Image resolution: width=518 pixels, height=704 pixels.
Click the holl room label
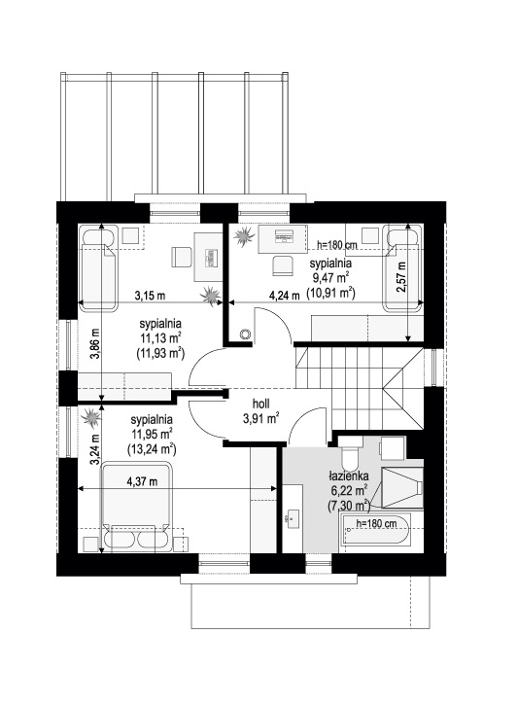click(x=260, y=404)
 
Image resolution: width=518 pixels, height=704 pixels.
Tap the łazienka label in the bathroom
click(x=348, y=475)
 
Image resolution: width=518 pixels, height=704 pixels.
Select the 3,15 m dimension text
click(x=150, y=296)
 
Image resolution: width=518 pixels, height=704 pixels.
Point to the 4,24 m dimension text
click(x=284, y=296)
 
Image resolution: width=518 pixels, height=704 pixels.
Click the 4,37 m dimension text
click(x=142, y=481)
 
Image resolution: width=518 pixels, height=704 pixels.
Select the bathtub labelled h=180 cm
click(x=376, y=534)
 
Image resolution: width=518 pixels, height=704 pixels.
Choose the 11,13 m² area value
click(x=159, y=337)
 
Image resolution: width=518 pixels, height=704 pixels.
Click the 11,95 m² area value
click(x=153, y=434)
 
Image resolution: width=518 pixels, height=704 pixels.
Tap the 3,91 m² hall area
click(x=261, y=418)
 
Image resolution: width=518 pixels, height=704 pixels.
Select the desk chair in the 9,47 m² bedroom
click(x=282, y=264)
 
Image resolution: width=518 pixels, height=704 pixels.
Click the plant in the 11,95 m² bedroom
click(x=92, y=417)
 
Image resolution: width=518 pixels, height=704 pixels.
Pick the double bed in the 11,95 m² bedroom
click(x=137, y=507)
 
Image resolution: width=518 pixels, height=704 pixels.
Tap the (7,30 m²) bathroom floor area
click(x=349, y=505)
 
